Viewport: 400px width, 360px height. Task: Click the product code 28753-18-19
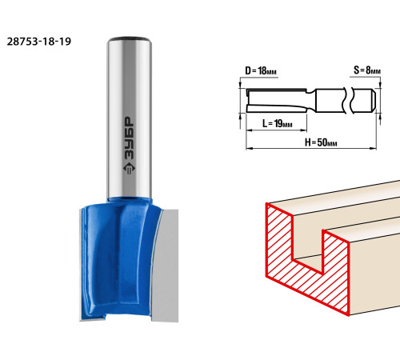[39, 42]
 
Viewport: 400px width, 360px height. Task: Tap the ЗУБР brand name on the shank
[130, 139]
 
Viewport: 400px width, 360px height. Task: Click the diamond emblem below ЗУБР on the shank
[130, 169]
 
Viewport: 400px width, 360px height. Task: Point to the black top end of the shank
[130, 39]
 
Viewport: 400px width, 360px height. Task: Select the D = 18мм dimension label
[261, 71]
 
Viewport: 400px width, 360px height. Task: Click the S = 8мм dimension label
[367, 70]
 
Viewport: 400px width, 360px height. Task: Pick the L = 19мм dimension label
[278, 123]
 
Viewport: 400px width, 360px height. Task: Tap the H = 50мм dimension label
[321, 142]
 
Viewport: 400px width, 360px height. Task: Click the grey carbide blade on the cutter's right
[166, 266]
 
